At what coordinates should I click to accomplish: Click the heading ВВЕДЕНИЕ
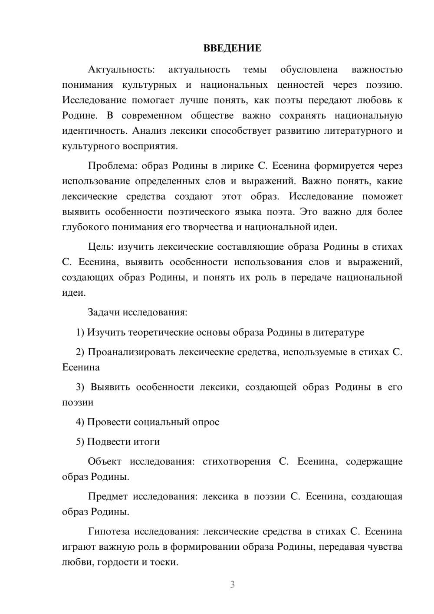pyautogui.click(x=232, y=48)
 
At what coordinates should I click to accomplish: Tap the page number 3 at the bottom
pyautogui.click(x=232, y=584)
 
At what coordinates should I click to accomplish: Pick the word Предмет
pyautogui.click(x=108, y=496)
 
